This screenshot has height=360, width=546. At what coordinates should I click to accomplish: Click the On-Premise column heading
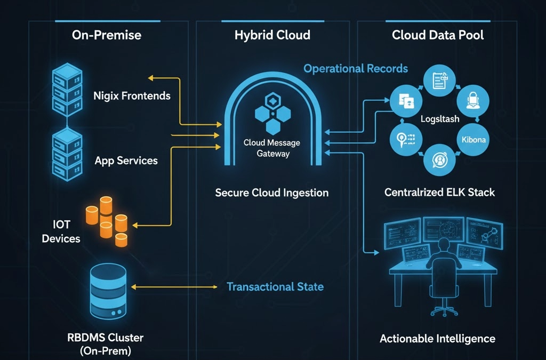point(107,36)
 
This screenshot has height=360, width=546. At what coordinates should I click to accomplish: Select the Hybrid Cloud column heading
point(272,36)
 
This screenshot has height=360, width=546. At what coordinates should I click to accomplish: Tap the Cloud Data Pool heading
point(438,36)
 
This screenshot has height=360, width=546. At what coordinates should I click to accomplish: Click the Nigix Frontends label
point(132,96)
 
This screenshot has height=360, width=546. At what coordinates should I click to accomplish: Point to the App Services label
point(126,161)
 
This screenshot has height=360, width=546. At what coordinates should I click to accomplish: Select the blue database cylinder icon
point(108,291)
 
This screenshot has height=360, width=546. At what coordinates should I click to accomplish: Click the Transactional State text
point(275,287)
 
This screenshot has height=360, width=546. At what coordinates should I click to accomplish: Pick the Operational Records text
point(356,69)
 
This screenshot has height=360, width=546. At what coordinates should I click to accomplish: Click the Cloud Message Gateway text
point(272,148)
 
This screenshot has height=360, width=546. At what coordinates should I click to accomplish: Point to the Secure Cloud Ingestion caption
point(272,193)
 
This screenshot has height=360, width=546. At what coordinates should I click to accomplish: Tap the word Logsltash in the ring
point(439,119)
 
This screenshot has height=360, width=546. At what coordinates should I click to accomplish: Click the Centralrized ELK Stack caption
point(439,193)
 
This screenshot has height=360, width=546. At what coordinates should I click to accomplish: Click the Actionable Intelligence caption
point(437,339)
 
